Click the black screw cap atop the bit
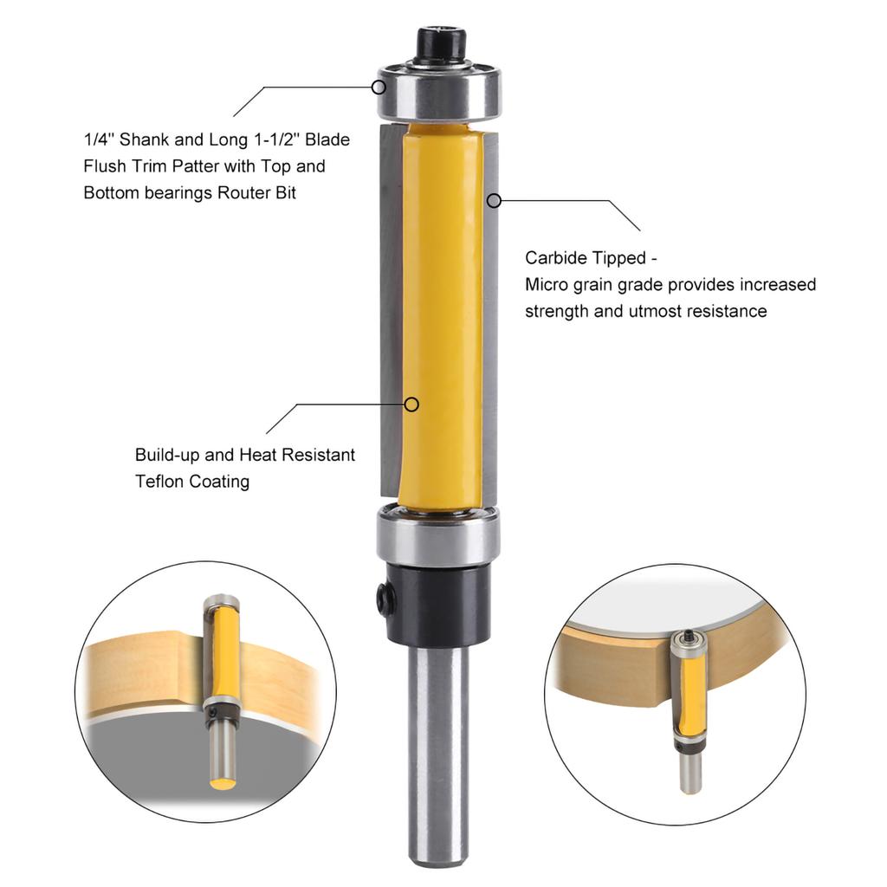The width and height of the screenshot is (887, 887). click(441, 44)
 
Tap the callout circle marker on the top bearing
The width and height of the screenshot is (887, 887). click(379, 87)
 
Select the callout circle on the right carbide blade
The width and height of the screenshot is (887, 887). click(493, 200)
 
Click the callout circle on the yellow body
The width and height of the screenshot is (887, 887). click(412, 404)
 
